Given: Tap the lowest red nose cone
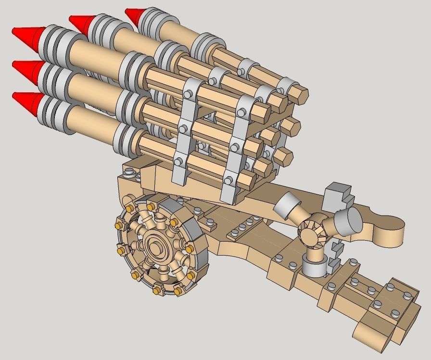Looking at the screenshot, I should click(26, 100).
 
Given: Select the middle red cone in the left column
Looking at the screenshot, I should click(26, 69).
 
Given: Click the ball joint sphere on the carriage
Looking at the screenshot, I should click(312, 231).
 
